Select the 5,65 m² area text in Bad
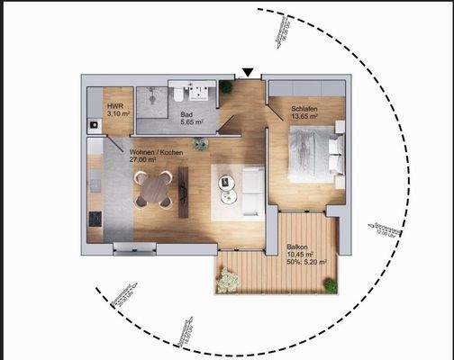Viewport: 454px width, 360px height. (191, 121)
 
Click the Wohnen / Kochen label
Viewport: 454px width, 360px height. (157, 152)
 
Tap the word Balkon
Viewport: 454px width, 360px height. (297, 246)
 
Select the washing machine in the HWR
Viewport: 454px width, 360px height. (92, 123)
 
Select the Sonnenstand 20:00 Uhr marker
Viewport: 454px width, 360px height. (121, 296)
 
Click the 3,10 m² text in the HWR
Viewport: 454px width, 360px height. (118, 114)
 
